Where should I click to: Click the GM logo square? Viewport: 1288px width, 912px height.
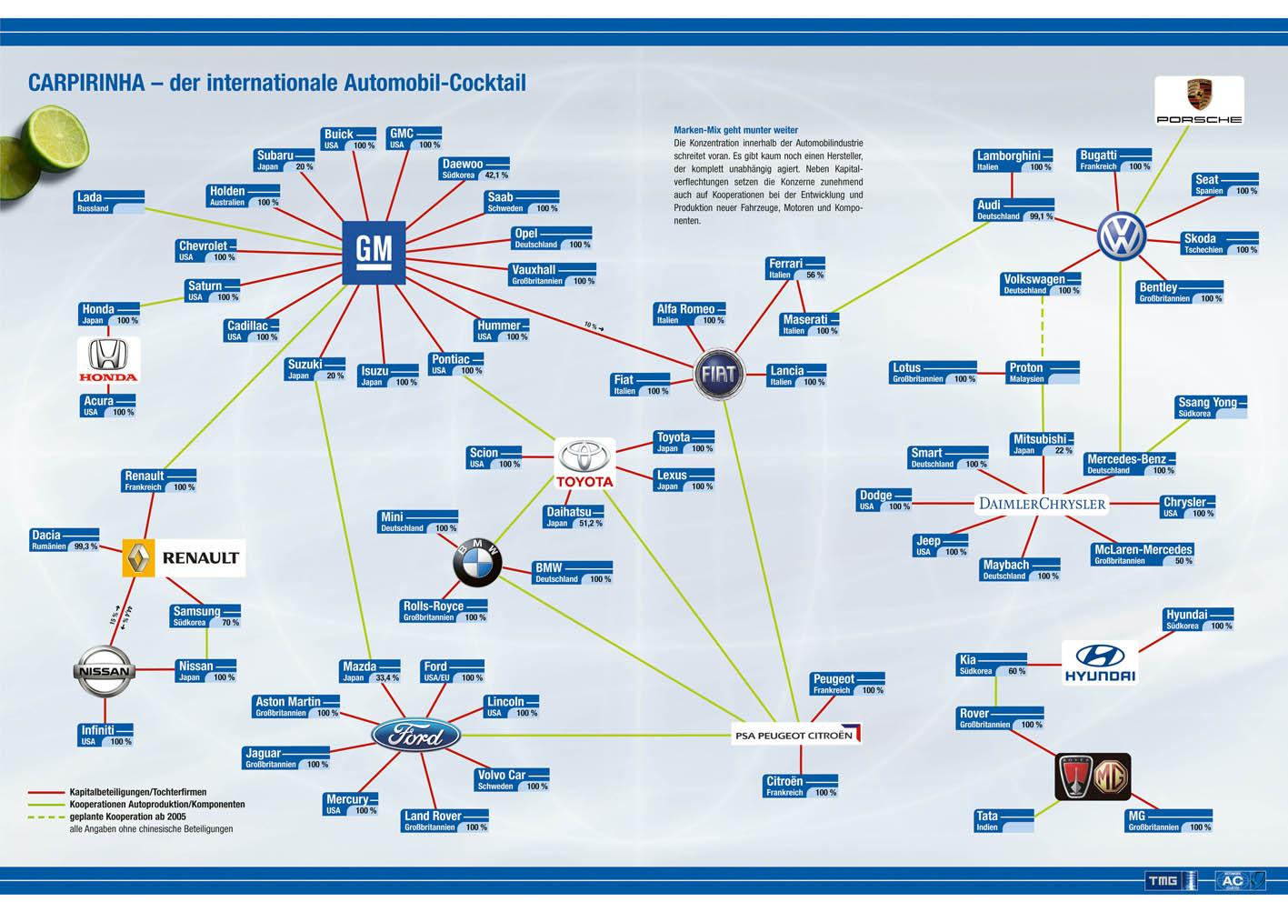374,252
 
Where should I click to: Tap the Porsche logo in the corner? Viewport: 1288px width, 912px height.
1198,100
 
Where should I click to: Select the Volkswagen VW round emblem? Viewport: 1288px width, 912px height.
1120,236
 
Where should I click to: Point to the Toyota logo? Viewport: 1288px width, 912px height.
584,463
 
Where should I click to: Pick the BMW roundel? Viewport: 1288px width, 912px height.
477,562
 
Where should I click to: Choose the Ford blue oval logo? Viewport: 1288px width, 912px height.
416,735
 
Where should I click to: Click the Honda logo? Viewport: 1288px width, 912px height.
108,360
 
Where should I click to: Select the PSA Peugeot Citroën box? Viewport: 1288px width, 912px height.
796,734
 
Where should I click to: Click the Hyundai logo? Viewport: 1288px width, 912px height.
1100,662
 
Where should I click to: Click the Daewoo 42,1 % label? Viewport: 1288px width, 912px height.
474,169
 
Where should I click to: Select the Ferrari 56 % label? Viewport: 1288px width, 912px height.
795,268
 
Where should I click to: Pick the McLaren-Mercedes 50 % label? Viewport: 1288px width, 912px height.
1143,555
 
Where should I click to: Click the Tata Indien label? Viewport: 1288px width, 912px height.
1003,821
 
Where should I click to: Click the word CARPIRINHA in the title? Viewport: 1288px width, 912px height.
86,83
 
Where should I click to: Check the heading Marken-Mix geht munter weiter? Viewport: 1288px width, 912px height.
735,130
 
